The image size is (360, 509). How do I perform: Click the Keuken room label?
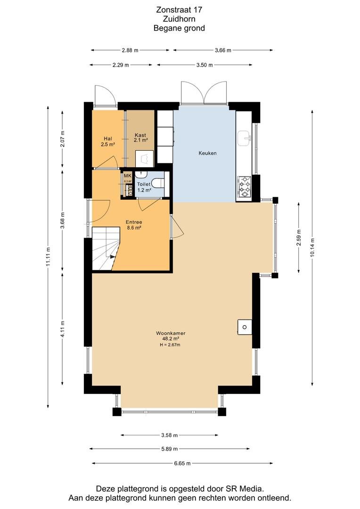click(x=207, y=153)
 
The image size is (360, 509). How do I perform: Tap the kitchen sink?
click(x=244, y=138)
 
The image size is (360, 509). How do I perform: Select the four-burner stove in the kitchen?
click(x=245, y=187)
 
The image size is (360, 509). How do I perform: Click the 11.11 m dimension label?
click(x=48, y=256)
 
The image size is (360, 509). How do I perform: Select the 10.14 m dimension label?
click(x=312, y=248)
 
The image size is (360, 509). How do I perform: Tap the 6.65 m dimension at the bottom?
click(x=182, y=463)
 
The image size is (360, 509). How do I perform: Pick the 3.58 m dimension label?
click(x=170, y=435)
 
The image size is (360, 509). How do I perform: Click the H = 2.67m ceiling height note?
click(x=170, y=345)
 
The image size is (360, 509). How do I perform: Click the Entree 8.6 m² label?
click(x=134, y=225)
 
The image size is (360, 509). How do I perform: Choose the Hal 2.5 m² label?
click(x=108, y=141)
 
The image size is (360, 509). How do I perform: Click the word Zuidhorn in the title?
click(x=179, y=19)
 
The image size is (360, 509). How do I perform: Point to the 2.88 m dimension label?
click(x=130, y=50)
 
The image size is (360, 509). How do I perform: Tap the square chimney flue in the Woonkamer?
click(x=245, y=327)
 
